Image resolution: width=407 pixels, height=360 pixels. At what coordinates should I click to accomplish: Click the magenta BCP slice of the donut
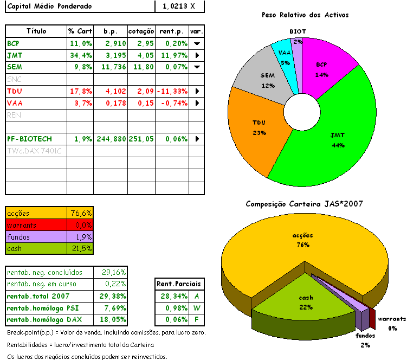point(322,68)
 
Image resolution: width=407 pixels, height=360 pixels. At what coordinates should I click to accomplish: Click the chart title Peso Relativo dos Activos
point(305,15)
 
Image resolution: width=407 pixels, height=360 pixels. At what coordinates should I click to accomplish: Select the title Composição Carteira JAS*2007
point(304,204)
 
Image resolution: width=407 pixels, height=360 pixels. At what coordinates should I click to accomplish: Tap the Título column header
point(36,31)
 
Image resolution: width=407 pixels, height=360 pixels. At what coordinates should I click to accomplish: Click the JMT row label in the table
point(15,55)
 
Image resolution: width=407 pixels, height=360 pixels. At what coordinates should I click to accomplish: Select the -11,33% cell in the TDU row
point(172,91)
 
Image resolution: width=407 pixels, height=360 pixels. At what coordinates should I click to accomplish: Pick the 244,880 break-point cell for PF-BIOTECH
point(111,139)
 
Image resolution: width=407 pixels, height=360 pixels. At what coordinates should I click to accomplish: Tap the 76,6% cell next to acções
point(81,213)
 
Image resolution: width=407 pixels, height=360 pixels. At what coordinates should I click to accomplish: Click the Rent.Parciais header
point(178,283)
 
